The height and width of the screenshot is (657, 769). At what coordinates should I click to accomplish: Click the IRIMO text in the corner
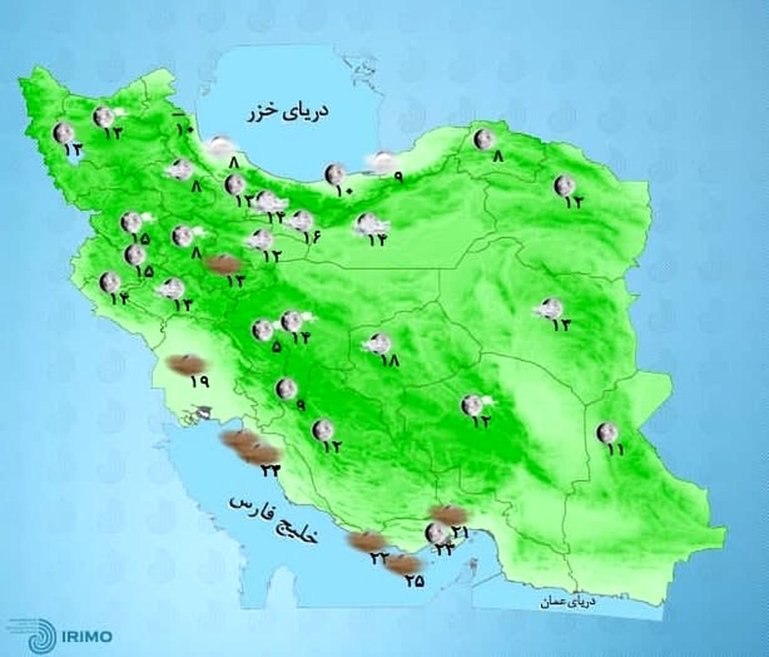click(87, 636)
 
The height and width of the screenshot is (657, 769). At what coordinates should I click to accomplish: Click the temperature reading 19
click(199, 382)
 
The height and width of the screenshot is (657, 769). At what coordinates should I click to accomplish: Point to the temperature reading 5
click(276, 347)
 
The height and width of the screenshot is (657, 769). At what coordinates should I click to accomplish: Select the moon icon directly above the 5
click(262, 330)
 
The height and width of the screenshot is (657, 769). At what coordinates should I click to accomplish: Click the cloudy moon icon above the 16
click(300, 221)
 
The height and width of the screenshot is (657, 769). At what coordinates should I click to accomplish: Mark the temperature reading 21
click(460, 532)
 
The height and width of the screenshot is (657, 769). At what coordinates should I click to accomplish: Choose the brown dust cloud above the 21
click(448, 513)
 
